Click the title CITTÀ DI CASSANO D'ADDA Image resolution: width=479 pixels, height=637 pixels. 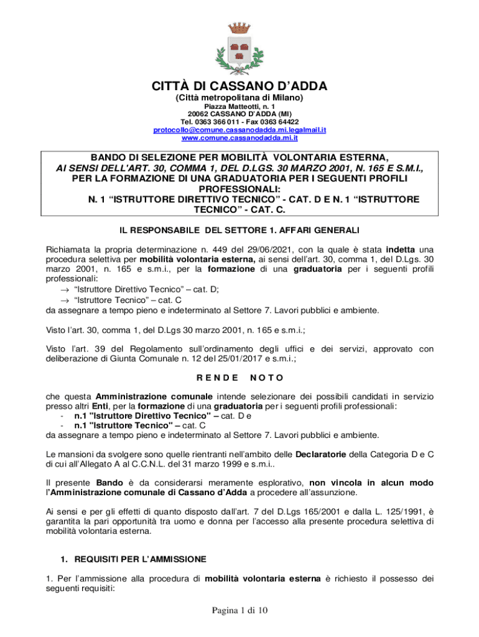pos(240,86)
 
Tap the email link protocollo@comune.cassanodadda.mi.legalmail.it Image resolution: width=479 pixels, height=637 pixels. pos(240,129)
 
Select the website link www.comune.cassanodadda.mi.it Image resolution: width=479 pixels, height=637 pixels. pos(240,137)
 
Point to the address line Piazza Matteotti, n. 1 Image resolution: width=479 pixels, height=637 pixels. pos(240,106)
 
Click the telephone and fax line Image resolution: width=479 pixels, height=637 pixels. pos(240,122)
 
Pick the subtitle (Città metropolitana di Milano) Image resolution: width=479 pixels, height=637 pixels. pos(240,98)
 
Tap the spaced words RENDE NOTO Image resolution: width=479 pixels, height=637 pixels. pos(240,378)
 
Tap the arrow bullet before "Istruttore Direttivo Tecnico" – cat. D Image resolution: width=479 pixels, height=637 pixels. pos(65,289)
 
